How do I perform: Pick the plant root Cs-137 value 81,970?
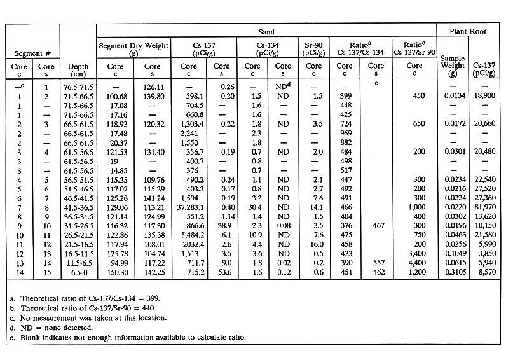coord(487,207)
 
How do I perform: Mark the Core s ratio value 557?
coord(376,262)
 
